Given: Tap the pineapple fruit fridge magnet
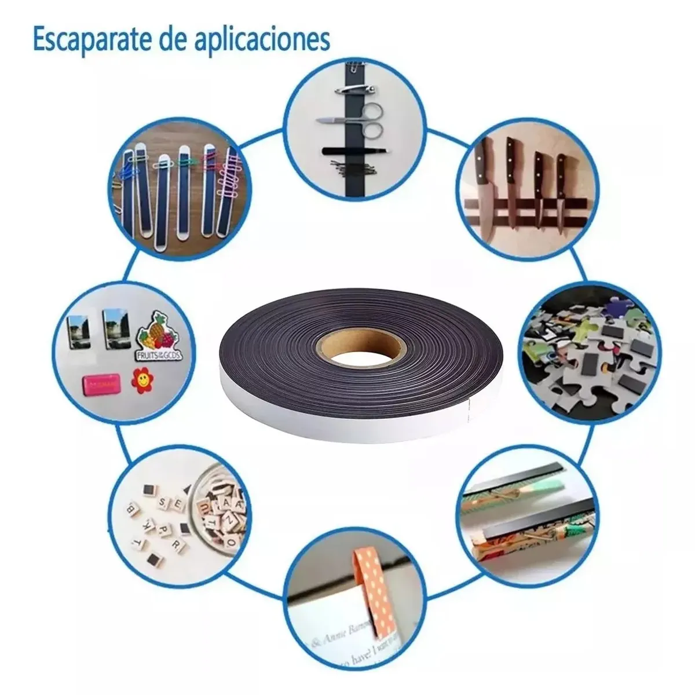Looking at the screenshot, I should point(153,336).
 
